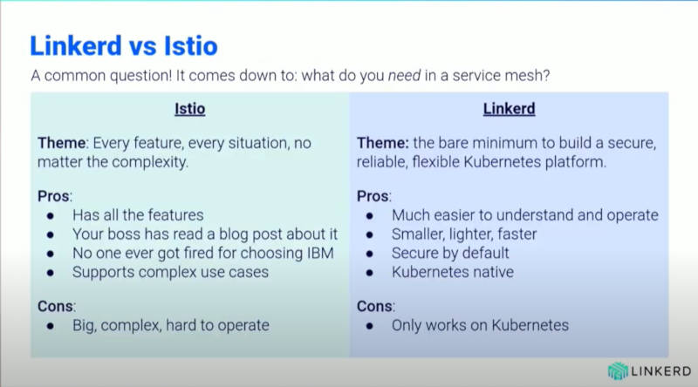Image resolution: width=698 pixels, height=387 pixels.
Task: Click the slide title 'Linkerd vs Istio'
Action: click(124, 46)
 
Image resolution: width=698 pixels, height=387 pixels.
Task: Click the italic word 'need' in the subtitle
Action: click(404, 76)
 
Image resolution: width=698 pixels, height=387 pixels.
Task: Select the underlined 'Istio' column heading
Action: click(190, 109)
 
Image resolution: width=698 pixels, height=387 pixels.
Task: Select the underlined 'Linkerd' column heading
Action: click(510, 109)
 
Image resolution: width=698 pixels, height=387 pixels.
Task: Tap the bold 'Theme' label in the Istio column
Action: click(62, 143)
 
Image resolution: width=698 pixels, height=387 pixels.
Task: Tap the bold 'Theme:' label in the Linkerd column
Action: click(383, 143)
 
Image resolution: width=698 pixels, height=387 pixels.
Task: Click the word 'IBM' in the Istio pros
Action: click(320, 253)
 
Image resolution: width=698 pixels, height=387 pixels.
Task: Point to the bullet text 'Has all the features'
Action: click(138, 215)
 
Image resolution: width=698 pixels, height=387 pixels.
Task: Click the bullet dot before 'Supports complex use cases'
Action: click(51, 273)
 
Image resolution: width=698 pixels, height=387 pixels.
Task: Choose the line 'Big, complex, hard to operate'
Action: click(171, 326)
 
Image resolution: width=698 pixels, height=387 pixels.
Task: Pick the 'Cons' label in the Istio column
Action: click(56, 306)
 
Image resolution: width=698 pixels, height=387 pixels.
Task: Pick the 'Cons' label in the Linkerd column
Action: click(375, 306)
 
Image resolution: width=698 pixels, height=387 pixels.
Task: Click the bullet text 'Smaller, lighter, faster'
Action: click(464, 234)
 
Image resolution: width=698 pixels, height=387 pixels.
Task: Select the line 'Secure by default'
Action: click(450, 253)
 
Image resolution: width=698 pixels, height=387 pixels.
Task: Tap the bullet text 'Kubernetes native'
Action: click(453, 272)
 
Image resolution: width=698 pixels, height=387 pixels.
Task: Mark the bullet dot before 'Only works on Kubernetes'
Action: click(369, 326)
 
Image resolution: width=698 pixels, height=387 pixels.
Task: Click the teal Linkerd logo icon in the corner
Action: click(618, 371)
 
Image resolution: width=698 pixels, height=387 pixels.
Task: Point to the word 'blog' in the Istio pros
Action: click(234, 234)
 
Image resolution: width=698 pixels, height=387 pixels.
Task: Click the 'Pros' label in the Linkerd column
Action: click(373, 196)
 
